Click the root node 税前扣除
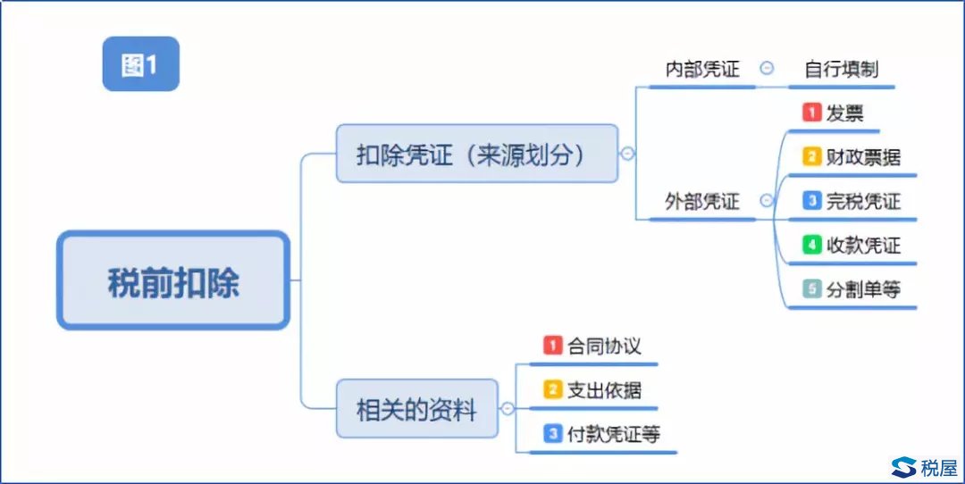pos(173,280)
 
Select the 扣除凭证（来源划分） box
pos(477,153)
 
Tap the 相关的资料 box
pos(416,409)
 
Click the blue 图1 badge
pos(141,64)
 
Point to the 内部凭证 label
pos(702,69)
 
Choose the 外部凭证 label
pos(702,201)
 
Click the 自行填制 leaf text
pos(842,69)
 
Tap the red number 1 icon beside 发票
pos(811,113)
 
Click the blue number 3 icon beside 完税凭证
pos(811,201)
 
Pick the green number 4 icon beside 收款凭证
pos(811,245)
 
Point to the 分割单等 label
pos(863,289)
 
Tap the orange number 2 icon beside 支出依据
pos(553,389)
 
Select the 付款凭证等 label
pos(614,434)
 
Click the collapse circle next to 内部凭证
pos(767,68)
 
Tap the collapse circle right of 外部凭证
pos(767,201)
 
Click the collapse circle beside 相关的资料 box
pos(508,408)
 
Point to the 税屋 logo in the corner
pos(925,467)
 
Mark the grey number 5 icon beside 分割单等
pos(811,288)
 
